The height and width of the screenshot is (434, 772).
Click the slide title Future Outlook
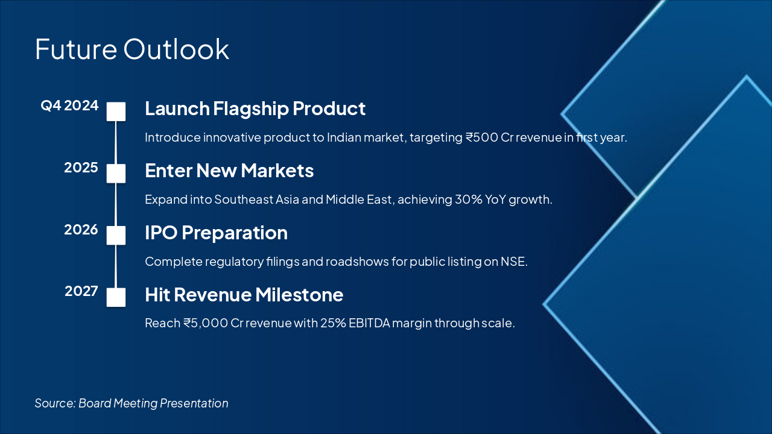132,49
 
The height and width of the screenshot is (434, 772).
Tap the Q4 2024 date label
69,105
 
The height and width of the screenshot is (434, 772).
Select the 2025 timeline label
81,168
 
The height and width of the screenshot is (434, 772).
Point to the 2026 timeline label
81,230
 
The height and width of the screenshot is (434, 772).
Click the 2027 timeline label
81,291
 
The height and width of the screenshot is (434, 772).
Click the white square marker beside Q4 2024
116,112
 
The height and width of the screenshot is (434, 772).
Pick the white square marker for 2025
116,173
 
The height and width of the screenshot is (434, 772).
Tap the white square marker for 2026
116,235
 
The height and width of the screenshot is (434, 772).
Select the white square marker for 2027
116,297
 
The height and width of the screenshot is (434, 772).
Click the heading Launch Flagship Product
255,109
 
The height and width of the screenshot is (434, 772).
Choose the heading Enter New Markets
229,171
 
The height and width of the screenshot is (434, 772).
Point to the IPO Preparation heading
216,233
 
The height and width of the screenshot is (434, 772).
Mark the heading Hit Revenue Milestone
244,295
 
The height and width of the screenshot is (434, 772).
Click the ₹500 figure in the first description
482,137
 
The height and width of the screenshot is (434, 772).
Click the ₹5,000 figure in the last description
206,323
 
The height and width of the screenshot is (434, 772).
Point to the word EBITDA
370,323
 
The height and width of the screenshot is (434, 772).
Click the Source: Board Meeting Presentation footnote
131,403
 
